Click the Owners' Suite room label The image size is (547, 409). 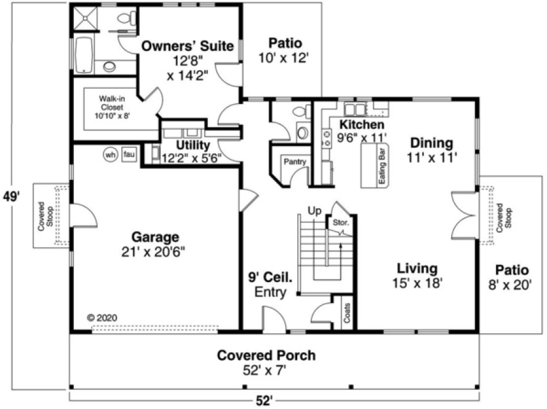point(188,46)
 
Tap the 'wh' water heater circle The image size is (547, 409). point(111,155)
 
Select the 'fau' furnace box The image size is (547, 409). point(129,155)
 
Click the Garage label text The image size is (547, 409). point(155,237)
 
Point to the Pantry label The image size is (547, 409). point(292,162)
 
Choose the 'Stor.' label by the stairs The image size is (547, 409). point(340,222)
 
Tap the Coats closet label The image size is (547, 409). point(348,312)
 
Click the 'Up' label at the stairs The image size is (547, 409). point(315,211)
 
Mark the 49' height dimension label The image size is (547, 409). point(11,197)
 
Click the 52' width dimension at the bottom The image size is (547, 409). point(265,400)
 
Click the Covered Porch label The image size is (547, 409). point(266,355)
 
